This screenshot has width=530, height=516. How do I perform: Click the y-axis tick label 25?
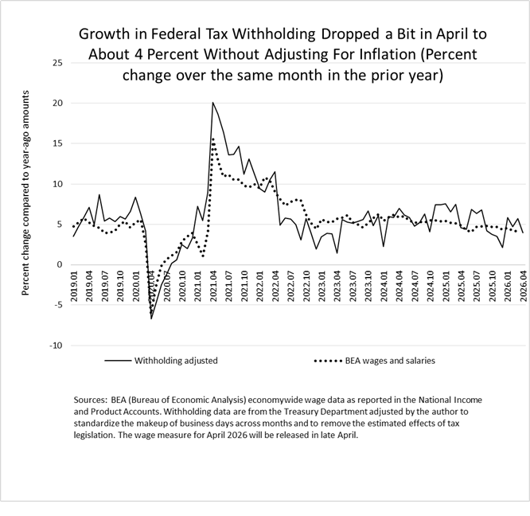coord(58,63)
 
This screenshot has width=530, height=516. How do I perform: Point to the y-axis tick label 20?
coord(58,104)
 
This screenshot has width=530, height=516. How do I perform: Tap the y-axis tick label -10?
coord(57,346)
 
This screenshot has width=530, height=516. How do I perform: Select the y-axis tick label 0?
coord(60,264)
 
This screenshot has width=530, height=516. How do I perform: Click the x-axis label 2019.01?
coord(74,286)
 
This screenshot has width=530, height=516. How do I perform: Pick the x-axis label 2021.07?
coord(229,286)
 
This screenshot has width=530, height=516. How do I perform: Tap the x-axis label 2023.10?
coord(368,286)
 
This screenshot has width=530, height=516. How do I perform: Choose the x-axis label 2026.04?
coord(523,286)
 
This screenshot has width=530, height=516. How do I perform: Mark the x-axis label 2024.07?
coord(415,286)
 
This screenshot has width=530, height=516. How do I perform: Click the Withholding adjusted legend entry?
coord(162,361)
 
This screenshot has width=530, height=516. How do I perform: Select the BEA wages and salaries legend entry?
coord(375,361)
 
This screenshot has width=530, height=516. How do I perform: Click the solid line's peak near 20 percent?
coord(212,102)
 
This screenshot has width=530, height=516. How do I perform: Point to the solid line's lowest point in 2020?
coord(151,319)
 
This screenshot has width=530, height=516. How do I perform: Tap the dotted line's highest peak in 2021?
coord(213,139)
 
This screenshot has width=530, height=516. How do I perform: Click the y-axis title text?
coord(25,193)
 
